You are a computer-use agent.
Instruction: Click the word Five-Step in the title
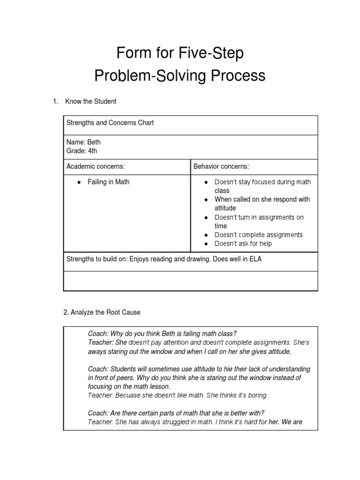(x=211, y=54)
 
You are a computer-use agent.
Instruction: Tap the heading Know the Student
(x=91, y=101)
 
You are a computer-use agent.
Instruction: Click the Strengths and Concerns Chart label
(x=110, y=123)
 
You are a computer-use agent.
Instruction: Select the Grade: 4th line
(x=82, y=150)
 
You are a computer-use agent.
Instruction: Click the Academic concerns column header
(x=96, y=166)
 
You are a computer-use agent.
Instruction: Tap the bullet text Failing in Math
(x=108, y=182)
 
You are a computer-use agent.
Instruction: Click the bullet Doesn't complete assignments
(x=258, y=235)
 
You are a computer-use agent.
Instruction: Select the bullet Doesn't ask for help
(x=243, y=243)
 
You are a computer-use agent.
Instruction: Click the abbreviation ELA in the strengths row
(x=255, y=259)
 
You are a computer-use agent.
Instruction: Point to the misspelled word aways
(x=97, y=351)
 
